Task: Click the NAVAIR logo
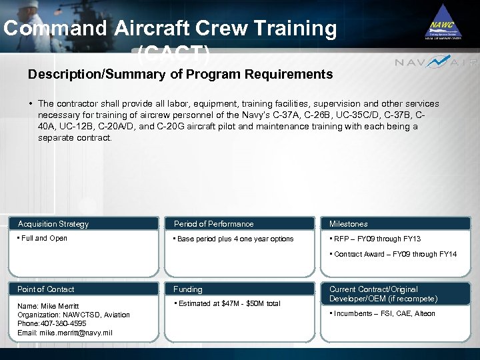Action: click(436, 63)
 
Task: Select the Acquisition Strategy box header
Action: click(53, 224)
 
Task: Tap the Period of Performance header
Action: click(213, 224)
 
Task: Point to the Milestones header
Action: click(348, 224)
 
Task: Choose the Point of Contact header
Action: click(45, 289)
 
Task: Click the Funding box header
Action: click(188, 289)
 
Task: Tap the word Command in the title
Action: click(55, 29)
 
